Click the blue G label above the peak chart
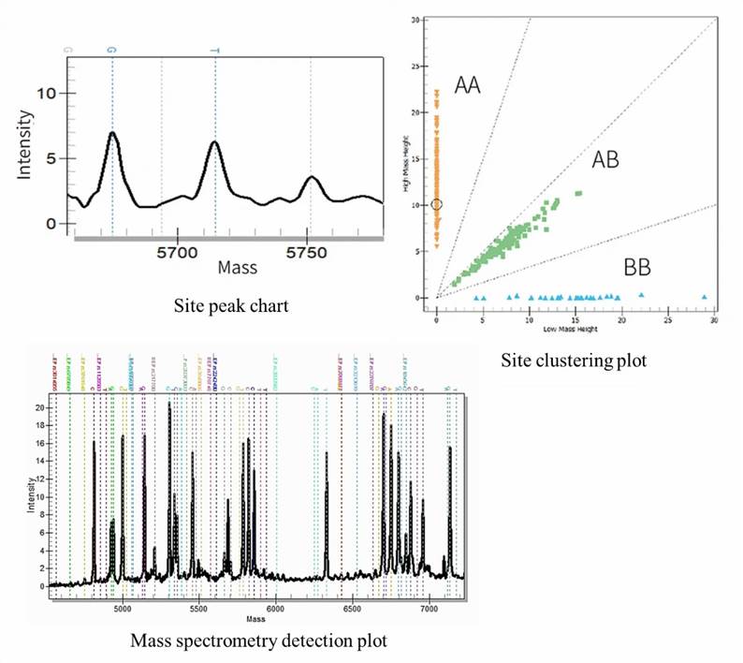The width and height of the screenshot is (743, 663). (112, 49)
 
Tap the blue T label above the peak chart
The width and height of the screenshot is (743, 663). (214, 49)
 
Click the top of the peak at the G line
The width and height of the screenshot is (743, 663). (112, 134)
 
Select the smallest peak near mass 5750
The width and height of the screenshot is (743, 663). (313, 177)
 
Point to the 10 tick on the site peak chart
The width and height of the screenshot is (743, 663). (46, 94)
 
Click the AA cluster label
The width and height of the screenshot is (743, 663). (468, 86)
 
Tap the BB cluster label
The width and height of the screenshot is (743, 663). (637, 268)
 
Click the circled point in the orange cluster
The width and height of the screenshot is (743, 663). (437, 204)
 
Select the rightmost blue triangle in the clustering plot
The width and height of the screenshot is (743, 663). (705, 297)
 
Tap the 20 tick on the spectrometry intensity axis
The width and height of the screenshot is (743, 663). (38, 408)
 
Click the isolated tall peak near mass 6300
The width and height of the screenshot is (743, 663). (326, 454)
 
